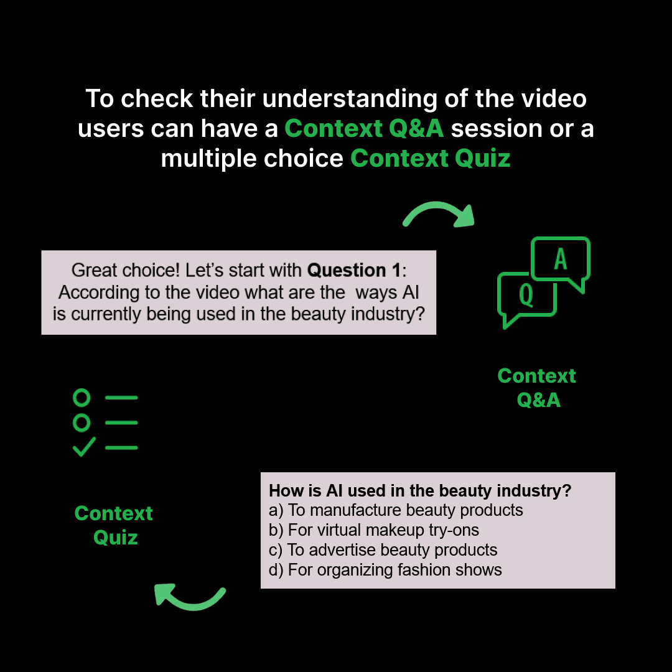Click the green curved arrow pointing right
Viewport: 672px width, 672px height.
coord(439,214)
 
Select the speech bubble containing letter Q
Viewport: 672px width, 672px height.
coord(526,296)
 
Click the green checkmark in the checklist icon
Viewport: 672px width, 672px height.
coord(83,447)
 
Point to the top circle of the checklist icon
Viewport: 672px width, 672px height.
coord(82,397)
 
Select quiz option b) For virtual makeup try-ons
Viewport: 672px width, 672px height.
coord(374,530)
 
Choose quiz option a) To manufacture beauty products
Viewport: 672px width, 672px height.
coord(396,510)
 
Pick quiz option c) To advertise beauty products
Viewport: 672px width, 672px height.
coord(383,550)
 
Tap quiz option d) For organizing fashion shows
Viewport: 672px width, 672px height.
coord(385,569)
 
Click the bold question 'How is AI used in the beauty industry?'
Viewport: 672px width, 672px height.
coord(420,490)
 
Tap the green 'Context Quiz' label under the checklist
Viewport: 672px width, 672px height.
coord(113,525)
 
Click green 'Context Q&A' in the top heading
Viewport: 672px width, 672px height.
coord(364,128)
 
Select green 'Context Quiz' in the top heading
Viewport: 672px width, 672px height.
coord(431,158)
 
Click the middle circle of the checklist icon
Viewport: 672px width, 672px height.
coord(82,422)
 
